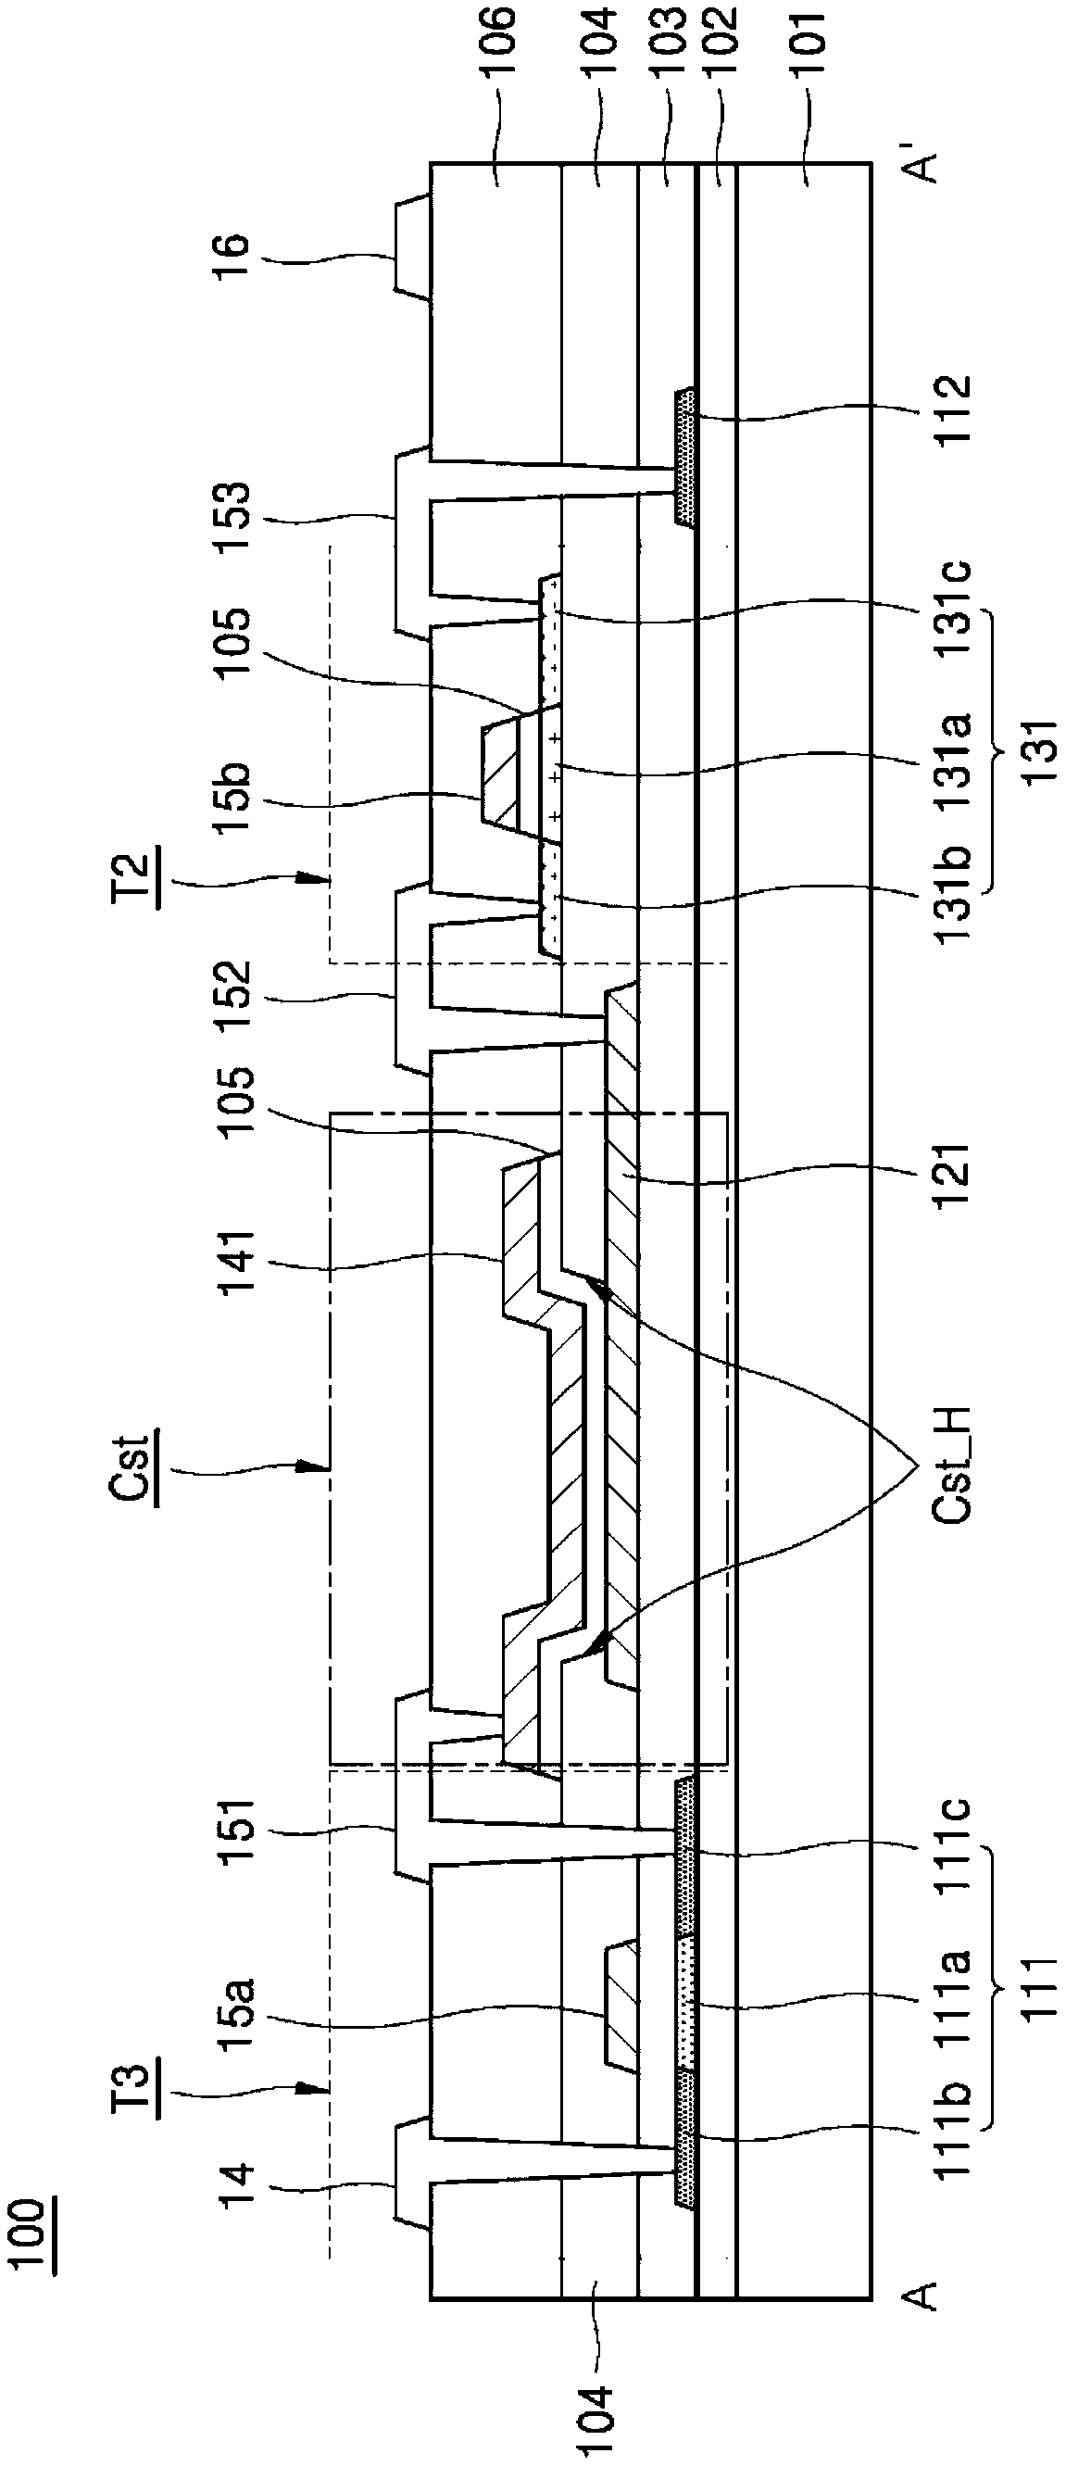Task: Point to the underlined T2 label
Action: (137, 878)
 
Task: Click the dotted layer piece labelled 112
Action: (686, 456)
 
